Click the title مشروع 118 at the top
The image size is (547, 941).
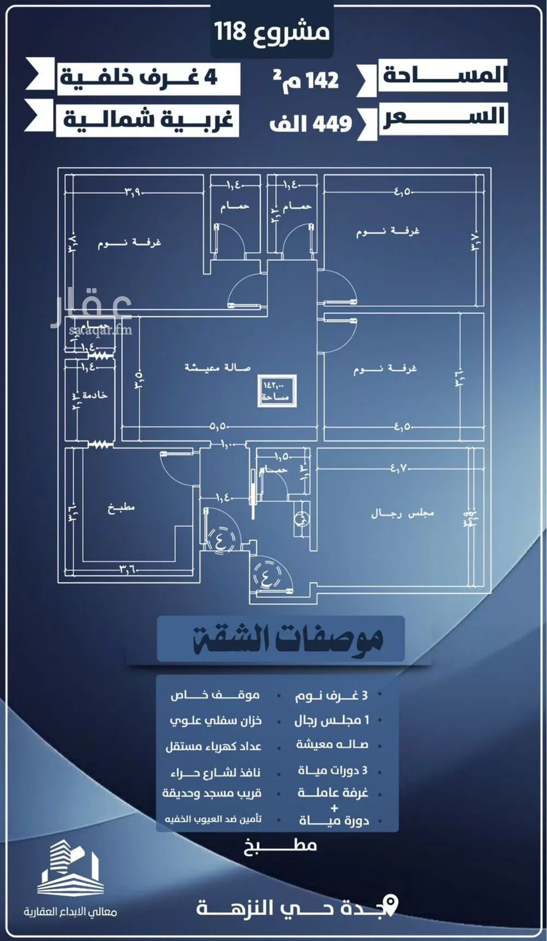tap(272, 32)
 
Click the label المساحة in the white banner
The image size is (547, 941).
tap(443, 75)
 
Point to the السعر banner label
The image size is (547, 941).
tap(443, 118)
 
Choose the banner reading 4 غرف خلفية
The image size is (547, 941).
tap(139, 78)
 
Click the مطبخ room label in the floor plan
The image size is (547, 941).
tap(121, 508)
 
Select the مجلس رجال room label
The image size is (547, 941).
tap(402, 513)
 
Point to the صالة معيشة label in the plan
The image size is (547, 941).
tap(217, 367)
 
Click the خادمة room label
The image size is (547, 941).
tap(94, 395)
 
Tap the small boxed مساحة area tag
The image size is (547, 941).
tap(277, 391)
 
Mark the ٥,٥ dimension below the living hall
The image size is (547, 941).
tap(219, 427)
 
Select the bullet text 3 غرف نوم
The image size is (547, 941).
tap(331, 696)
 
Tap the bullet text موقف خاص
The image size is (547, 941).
tap(215, 695)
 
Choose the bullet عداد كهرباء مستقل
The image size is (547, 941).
tap(214, 746)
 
